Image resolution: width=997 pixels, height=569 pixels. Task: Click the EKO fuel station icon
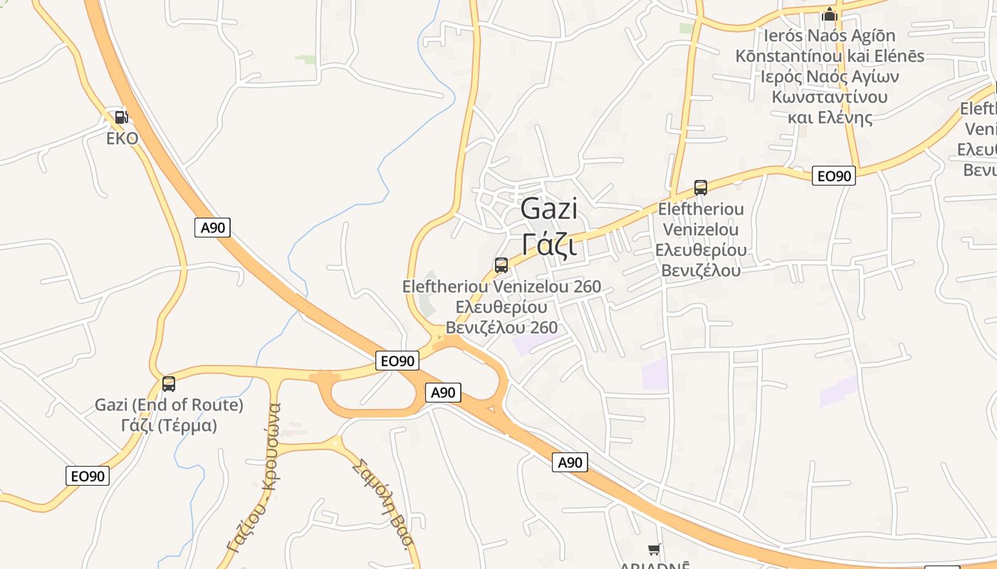coord(121,117)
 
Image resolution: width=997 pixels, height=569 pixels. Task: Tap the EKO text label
coord(122,138)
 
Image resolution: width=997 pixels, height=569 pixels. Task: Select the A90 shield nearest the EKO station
coord(212,228)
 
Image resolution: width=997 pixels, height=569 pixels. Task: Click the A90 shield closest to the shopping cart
coord(570,463)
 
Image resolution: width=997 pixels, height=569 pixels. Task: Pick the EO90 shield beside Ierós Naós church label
coord(834,176)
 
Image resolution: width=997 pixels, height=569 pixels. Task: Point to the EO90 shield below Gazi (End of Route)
coord(88,476)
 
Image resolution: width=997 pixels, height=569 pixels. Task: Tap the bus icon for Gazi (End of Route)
coord(169,384)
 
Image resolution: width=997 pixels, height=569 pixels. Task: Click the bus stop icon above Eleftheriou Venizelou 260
coord(501,265)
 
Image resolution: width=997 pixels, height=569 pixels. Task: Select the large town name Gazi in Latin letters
coord(548,209)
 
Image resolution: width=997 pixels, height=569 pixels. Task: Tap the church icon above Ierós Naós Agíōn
coord(829,14)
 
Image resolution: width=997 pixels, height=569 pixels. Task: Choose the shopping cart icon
coord(654,549)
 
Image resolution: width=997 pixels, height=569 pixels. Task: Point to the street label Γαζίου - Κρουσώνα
coord(254,478)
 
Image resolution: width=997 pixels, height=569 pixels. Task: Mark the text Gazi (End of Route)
coord(169,405)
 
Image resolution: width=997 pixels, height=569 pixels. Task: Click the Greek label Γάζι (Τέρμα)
coord(169,425)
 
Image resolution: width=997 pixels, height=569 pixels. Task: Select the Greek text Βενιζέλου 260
coord(501,327)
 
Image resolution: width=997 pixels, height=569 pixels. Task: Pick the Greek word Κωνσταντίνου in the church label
coord(830,97)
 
